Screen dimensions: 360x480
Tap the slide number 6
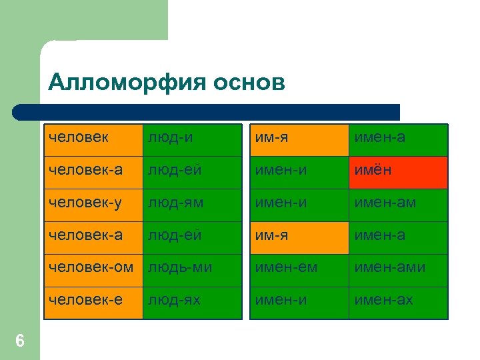pyautogui.click(x=20, y=341)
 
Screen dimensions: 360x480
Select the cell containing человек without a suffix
pyautogui.click(x=93, y=140)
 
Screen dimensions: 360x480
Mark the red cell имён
pyautogui.click(x=398, y=173)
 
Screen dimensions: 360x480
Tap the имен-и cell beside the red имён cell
pyautogui.click(x=299, y=173)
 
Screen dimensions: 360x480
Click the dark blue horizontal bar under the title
pyautogui.click(x=207, y=112)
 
